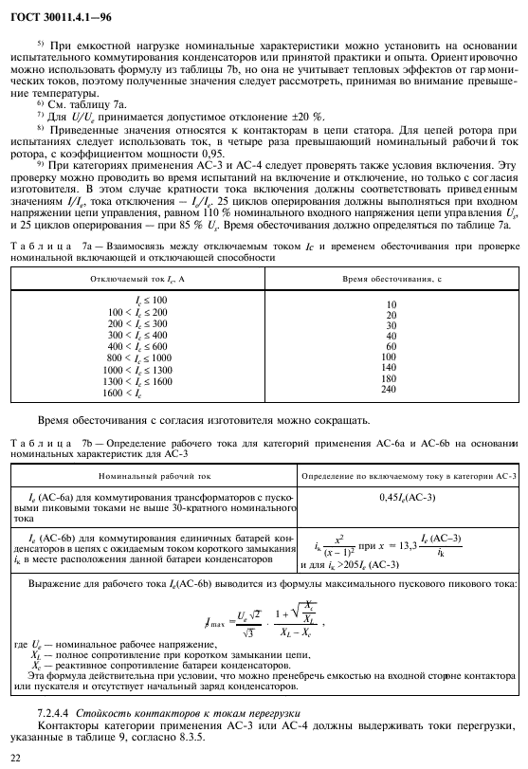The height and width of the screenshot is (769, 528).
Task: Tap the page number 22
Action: (x=14, y=756)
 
